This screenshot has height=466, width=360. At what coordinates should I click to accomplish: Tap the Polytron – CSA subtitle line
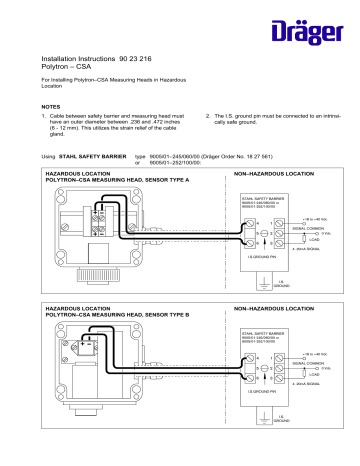tap(65, 71)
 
